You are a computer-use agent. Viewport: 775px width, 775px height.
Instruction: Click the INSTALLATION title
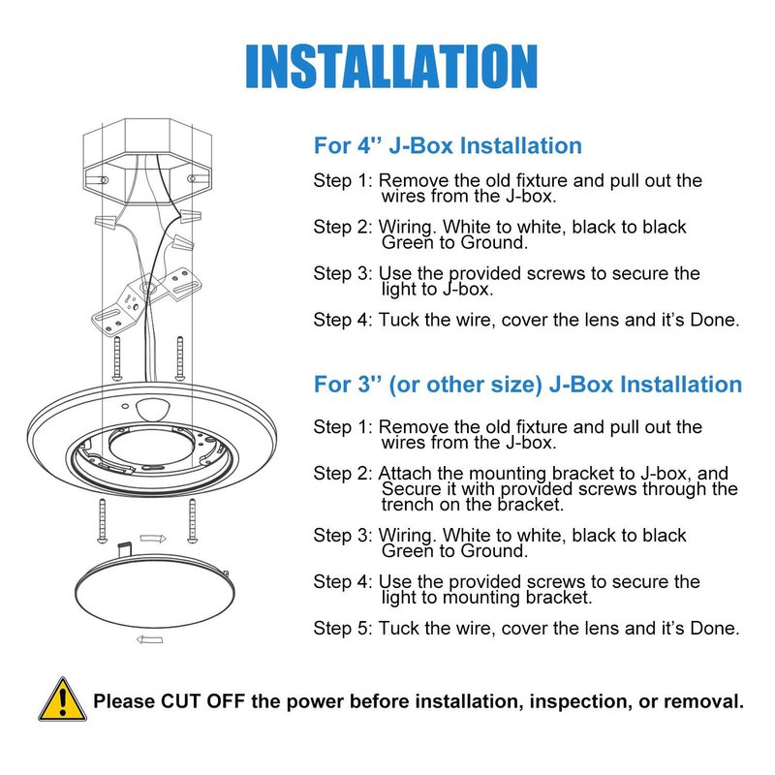[x=391, y=66]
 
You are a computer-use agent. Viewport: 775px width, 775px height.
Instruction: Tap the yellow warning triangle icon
[x=62, y=699]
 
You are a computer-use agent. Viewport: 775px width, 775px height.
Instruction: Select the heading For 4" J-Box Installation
[x=448, y=146]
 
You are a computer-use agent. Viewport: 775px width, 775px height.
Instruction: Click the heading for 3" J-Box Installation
[x=528, y=385]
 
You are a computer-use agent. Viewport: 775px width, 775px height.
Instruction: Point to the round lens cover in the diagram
[x=155, y=591]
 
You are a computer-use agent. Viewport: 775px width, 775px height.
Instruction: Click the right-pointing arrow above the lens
[x=153, y=539]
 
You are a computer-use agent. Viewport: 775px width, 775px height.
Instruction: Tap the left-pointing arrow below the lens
[x=149, y=639]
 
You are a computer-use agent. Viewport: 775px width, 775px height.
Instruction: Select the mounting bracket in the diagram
[x=147, y=298]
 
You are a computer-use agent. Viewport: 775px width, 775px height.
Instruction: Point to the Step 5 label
[x=343, y=628]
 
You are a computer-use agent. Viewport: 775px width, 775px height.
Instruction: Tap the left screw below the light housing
[x=103, y=521]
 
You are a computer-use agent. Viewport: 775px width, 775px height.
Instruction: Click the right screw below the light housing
[x=192, y=521]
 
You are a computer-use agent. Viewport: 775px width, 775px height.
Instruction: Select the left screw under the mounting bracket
[x=117, y=358]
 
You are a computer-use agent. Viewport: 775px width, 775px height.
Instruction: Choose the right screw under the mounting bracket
[x=180, y=358]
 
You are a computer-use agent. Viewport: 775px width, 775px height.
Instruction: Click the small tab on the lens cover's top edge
[x=124, y=549]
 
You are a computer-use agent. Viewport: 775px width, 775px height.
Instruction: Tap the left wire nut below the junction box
[x=106, y=221]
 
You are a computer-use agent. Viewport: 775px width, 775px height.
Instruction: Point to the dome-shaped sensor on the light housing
[x=152, y=409]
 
